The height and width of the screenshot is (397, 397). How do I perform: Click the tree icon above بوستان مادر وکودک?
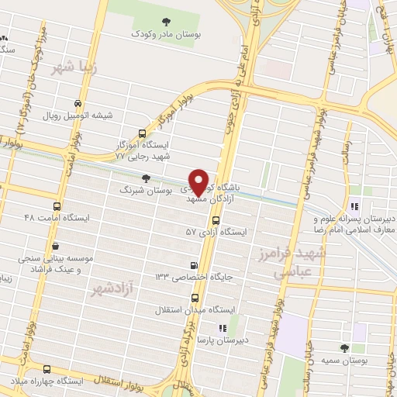[164, 21]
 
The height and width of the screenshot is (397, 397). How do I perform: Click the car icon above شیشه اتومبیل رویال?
[78, 102]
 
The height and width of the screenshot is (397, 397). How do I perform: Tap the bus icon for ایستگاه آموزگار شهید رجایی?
[140, 133]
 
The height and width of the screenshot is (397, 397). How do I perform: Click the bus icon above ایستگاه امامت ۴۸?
[57, 205]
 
